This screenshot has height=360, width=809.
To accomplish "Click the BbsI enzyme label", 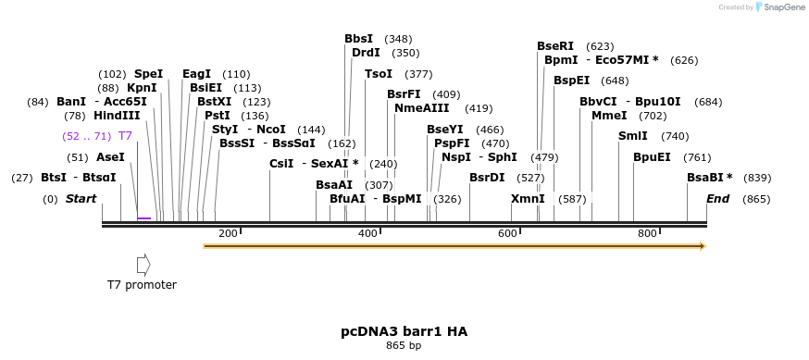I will tap(358, 39).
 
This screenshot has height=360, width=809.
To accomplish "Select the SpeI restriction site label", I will tap(148, 74).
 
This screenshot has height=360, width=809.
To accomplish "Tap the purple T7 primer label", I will tap(125, 136).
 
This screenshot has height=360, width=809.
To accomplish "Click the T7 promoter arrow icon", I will tap(143, 265).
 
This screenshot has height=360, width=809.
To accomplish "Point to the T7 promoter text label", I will tap(142, 285).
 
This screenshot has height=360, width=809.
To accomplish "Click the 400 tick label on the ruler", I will tap(367, 233).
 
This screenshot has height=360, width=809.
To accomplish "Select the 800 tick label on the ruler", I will tap(647, 233).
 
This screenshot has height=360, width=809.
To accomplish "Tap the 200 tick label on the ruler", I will tap(228, 233).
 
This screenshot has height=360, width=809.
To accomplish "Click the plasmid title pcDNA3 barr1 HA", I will tap(404, 330).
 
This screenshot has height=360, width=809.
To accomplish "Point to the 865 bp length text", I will tap(404, 346).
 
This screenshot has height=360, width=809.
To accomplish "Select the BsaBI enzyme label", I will tap(709, 178).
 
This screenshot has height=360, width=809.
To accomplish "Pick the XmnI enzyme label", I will tap(528, 199).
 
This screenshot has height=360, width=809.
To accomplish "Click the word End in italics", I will tap(718, 199).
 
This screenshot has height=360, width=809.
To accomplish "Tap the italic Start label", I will tap(81, 199).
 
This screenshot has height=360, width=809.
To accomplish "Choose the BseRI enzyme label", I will tap(555, 46).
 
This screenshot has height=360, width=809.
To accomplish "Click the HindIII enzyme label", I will tap(117, 116).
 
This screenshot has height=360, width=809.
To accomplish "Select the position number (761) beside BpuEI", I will tap(696, 157).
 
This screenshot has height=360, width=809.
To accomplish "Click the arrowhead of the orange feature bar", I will tap(703, 246).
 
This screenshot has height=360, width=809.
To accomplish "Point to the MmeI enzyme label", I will tap(609, 116).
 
